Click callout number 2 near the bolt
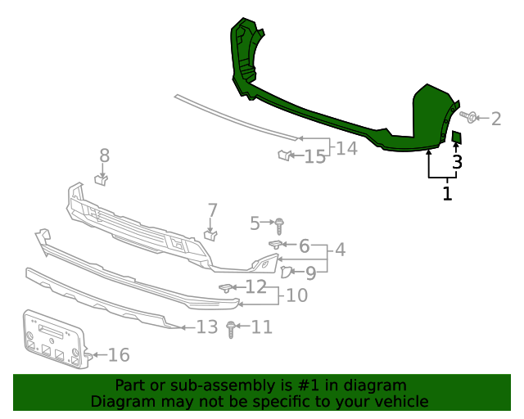click(x=496, y=119)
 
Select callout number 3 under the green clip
click(x=457, y=162)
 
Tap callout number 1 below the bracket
click(x=447, y=194)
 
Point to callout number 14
click(x=347, y=148)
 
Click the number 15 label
click(x=315, y=156)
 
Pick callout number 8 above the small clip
click(x=104, y=155)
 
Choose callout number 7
click(x=212, y=210)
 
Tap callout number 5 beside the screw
click(x=255, y=222)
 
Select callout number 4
click(x=339, y=250)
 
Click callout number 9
click(x=311, y=273)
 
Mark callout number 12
click(x=256, y=286)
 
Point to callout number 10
click(x=296, y=295)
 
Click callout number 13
click(x=207, y=327)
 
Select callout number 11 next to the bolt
click(x=261, y=327)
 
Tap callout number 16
click(x=119, y=354)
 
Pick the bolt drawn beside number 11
click(x=231, y=330)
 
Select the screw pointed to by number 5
click(x=281, y=223)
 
